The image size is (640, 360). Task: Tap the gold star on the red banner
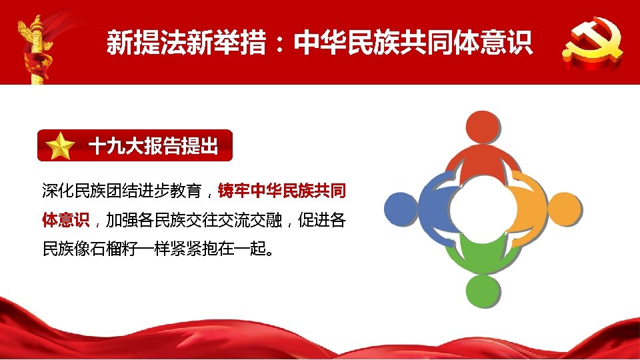tap(61, 146)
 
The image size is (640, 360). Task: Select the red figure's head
tap(482, 129)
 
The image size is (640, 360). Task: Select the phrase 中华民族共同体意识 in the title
tap(413, 43)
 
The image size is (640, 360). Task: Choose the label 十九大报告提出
tap(153, 146)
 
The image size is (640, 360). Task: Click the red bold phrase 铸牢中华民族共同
tap(282, 191)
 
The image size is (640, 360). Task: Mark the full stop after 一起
tap(269, 253)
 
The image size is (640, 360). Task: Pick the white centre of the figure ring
tap(483, 209)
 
